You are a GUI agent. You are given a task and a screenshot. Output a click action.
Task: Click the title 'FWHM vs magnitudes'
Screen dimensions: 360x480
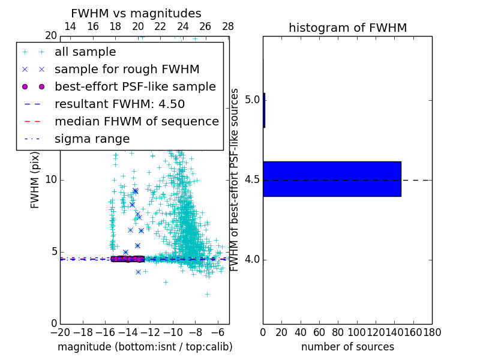coord(136,13)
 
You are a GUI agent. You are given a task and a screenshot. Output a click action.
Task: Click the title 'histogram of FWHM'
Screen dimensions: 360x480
coord(347,28)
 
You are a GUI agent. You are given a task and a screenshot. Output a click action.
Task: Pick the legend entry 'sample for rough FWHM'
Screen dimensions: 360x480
coord(127,69)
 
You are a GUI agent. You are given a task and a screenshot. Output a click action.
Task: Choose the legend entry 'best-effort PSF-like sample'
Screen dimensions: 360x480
coord(135,86)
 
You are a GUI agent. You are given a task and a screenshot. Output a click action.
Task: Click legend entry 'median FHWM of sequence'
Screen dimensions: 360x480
coord(136,121)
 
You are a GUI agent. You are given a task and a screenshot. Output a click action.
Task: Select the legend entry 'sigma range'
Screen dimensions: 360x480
coord(92,139)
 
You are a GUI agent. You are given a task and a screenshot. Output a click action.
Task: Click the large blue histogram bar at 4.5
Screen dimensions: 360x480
coord(332,179)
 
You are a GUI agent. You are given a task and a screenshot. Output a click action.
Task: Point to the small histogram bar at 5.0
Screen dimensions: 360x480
coord(264,110)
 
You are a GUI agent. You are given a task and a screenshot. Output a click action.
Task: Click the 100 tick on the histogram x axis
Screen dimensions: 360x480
coord(357,331)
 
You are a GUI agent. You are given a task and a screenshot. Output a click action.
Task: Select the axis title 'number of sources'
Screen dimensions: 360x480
coord(347,347)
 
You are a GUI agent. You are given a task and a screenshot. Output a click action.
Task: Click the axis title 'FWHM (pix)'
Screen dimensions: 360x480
coord(35,181)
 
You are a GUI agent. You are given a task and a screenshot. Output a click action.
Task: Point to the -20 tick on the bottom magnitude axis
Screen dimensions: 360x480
coord(60,331)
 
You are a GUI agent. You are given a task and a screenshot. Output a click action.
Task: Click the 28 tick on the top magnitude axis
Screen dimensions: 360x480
coord(228,26)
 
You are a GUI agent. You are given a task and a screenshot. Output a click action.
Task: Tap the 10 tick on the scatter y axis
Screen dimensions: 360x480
coord(51,180)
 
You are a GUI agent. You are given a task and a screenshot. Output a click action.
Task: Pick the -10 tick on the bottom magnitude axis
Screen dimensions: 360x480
coord(173,331)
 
